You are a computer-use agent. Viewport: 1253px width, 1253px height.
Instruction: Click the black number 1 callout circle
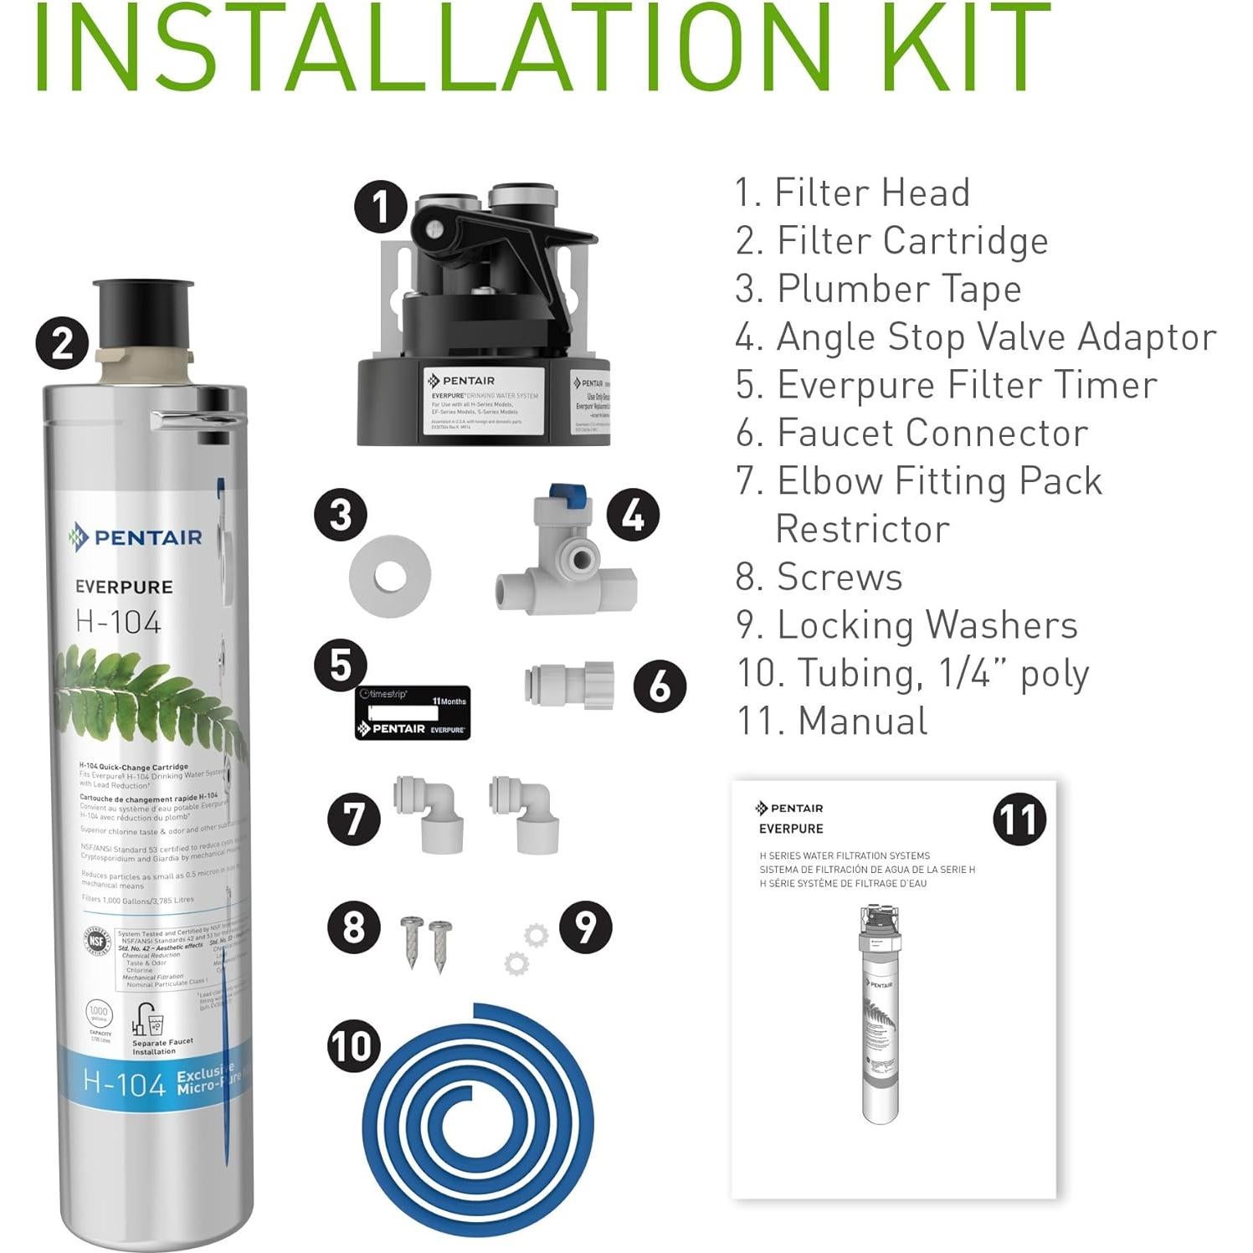(x=381, y=207)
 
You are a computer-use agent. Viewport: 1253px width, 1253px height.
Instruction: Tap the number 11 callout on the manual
(x=1019, y=819)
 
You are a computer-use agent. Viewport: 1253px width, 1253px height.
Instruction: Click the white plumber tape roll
(x=390, y=576)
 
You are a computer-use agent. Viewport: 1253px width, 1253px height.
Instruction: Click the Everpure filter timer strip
(x=413, y=713)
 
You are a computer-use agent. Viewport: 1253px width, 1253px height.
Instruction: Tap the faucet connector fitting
(x=569, y=686)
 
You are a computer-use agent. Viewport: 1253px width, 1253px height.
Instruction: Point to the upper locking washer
(x=536, y=935)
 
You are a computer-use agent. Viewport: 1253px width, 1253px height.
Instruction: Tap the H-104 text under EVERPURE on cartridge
(x=118, y=622)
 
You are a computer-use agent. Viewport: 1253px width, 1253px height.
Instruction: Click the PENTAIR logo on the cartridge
(x=136, y=537)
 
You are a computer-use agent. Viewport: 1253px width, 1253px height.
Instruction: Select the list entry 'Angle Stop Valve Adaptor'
(x=975, y=337)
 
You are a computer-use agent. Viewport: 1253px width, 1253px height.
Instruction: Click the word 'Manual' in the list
(x=862, y=722)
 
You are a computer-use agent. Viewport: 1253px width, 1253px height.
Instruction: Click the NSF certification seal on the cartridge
(x=98, y=941)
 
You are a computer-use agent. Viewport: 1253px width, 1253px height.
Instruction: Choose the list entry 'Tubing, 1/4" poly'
(x=912, y=674)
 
